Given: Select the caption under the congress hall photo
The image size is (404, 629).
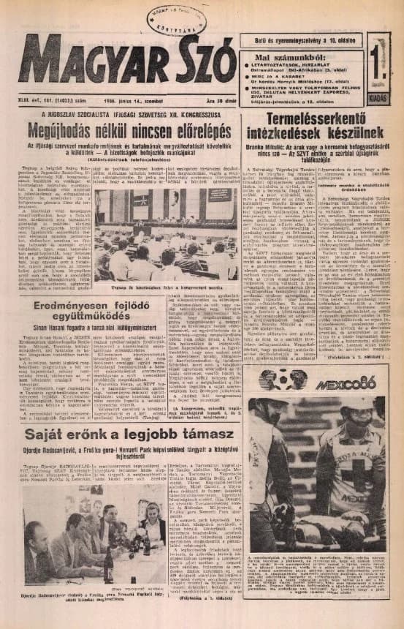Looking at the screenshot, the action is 166,286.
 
